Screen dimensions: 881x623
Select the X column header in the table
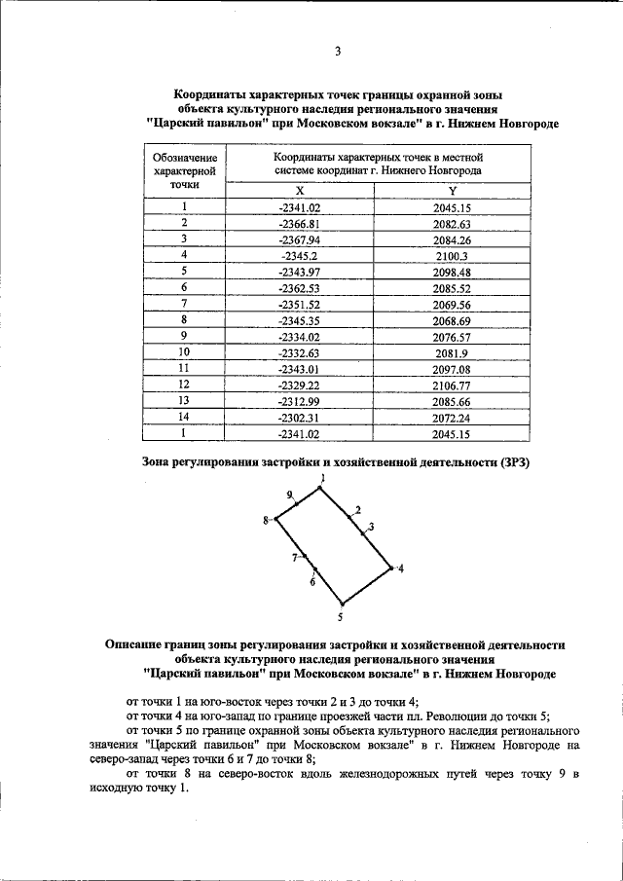click(x=300, y=191)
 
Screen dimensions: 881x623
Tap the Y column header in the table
click(x=452, y=191)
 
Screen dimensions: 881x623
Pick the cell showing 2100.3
click(x=452, y=254)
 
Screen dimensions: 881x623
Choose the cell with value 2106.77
click(x=452, y=386)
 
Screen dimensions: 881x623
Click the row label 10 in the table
click(x=184, y=351)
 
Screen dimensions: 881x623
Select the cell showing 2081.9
click(x=452, y=351)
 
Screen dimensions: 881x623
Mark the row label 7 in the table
click(x=184, y=303)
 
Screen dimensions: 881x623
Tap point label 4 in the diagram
click(x=400, y=568)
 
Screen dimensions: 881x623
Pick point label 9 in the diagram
click(x=289, y=496)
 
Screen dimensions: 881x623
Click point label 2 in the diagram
click(x=357, y=510)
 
